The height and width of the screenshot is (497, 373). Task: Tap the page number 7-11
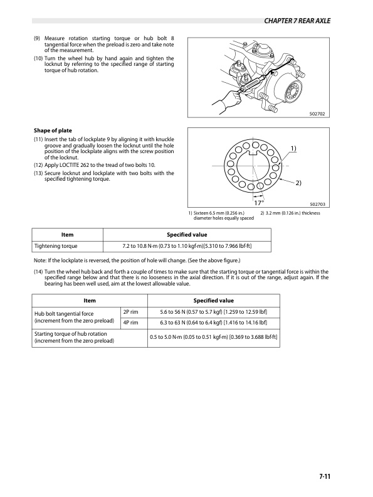point(323,478)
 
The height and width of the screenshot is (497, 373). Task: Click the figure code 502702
point(320,114)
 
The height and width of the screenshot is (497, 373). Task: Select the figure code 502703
point(320,204)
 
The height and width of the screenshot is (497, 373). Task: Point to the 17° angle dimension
point(258,203)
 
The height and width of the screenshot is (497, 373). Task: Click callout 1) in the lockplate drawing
point(293,147)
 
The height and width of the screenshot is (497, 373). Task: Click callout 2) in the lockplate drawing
point(298,183)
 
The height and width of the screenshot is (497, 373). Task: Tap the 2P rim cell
point(130,313)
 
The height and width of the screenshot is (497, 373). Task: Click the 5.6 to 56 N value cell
point(214,313)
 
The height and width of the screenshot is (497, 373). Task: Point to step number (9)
point(38,39)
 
